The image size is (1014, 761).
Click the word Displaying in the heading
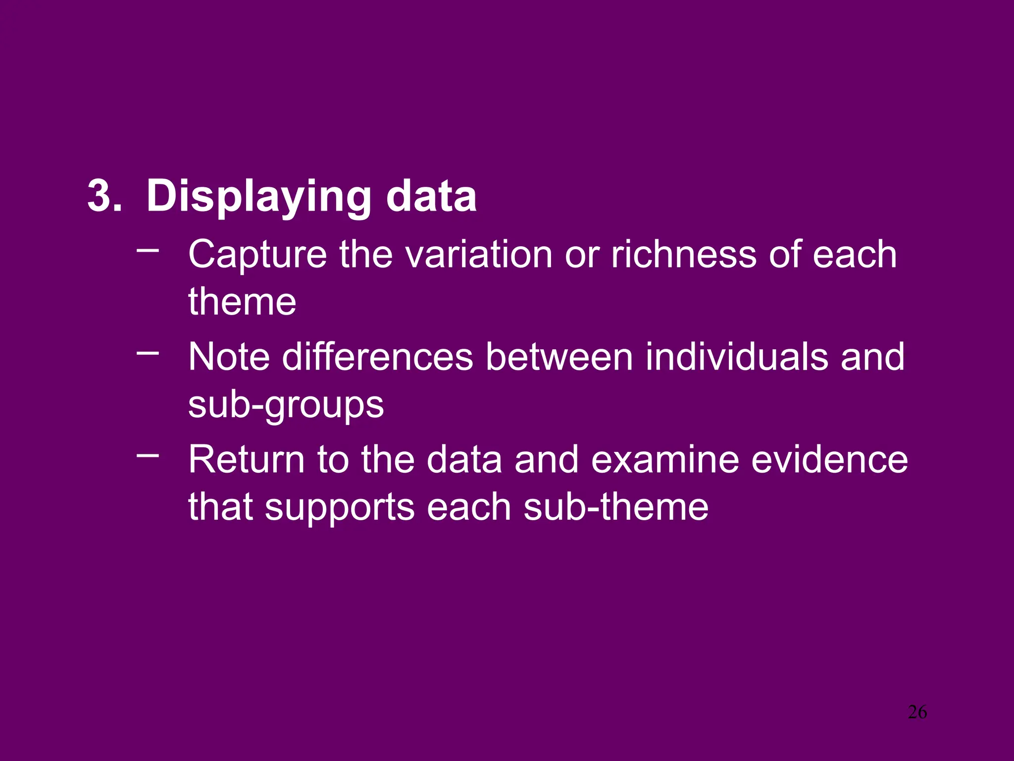(x=258, y=197)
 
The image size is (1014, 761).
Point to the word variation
(x=478, y=255)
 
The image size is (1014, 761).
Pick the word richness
(x=683, y=255)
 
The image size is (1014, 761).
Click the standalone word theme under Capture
(x=242, y=302)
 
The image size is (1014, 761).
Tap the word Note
(x=229, y=357)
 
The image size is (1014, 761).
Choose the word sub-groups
(x=286, y=405)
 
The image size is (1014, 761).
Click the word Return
(x=247, y=460)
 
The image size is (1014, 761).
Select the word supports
(x=340, y=508)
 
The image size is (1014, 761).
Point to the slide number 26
(x=917, y=712)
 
